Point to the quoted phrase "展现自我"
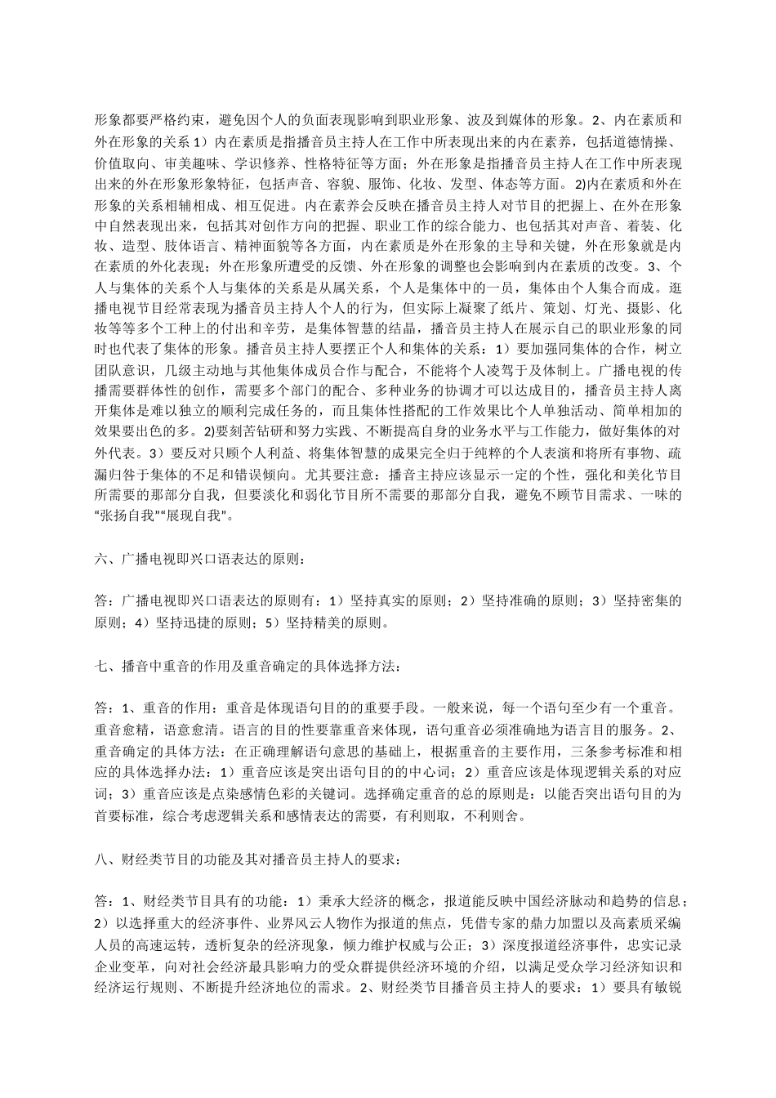pos(196,516)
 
